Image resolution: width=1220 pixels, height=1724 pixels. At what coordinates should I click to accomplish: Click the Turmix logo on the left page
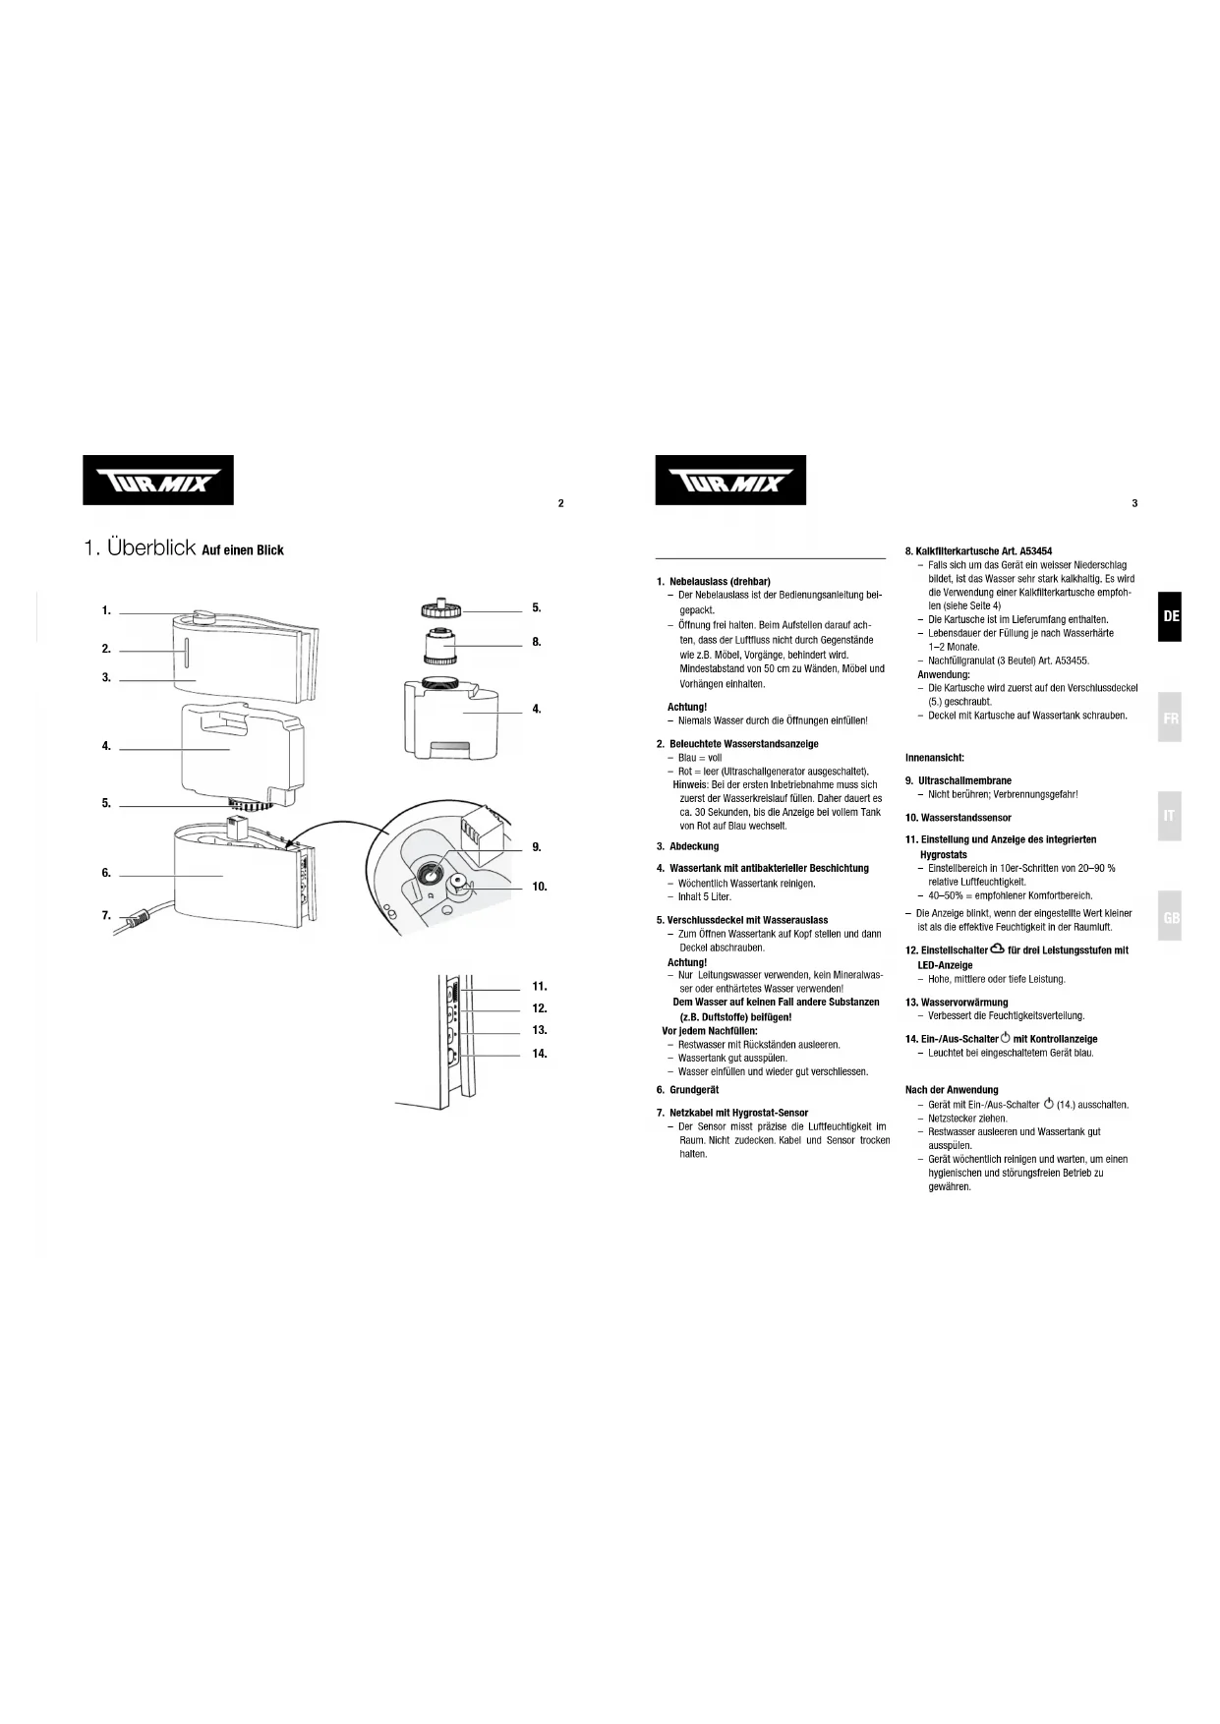157,481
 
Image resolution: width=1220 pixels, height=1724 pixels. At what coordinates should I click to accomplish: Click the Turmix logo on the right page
730,481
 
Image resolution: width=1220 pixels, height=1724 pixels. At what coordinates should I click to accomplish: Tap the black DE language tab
1170,616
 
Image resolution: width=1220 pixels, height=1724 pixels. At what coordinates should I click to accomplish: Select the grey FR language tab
1170,718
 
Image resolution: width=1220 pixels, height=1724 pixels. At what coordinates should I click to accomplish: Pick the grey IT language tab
1170,816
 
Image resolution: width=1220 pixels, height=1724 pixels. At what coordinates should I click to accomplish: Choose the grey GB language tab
1170,917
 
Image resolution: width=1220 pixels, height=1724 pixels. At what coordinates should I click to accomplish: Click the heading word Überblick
151,548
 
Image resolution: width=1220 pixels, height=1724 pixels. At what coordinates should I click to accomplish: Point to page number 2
560,503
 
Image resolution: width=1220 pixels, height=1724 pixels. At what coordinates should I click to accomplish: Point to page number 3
1134,503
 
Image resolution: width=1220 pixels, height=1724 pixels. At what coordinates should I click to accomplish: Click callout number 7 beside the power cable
106,915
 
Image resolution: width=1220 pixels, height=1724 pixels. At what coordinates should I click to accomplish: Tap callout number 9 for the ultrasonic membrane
537,846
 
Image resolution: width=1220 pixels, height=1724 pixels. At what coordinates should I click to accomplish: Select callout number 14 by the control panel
540,1053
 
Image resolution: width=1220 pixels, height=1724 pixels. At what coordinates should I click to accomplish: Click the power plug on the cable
135,921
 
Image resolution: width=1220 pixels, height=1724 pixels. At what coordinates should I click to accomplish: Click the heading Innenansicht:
934,758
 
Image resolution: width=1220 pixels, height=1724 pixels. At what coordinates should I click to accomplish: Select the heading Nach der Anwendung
951,1089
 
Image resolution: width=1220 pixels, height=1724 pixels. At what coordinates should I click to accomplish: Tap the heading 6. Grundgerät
687,1089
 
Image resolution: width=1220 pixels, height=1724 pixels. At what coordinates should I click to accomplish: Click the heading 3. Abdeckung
687,846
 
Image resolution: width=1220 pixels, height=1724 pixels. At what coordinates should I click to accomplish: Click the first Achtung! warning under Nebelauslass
687,707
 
